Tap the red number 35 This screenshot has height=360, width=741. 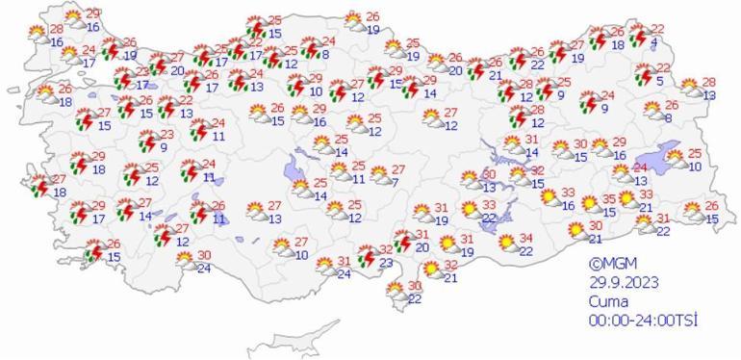(x=608, y=199)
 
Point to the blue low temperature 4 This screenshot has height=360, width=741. (x=654, y=42)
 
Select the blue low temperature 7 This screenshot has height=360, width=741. (x=396, y=182)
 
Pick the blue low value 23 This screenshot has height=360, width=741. (x=385, y=262)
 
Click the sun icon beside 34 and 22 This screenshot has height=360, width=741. (x=506, y=244)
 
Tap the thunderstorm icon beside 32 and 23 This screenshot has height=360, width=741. (x=366, y=256)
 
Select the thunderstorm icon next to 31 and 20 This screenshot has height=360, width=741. (x=396, y=241)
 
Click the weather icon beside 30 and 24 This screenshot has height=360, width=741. (x=184, y=261)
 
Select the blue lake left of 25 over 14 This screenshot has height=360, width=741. (x=296, y=172)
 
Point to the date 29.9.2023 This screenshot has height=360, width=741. (x=625, y=282)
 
